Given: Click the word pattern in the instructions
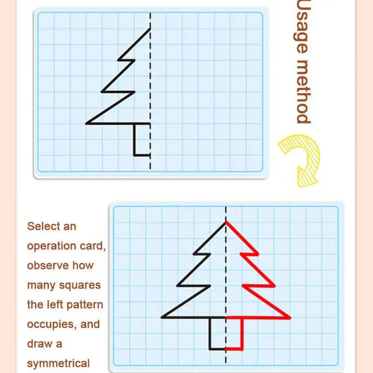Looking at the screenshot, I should [85, 305].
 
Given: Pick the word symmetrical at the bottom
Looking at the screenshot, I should [58, 363].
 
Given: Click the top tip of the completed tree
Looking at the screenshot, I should [226, 222].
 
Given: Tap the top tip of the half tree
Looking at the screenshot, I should [150, 29].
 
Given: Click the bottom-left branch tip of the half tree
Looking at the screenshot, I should [87, 124].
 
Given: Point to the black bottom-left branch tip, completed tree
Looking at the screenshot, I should [162, 318].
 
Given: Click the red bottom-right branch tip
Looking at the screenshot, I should [290, 318].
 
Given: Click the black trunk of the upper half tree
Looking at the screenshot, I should [134, 139].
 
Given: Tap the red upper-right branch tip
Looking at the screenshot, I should [257, 254].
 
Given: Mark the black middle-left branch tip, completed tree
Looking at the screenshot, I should [178, 286].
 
